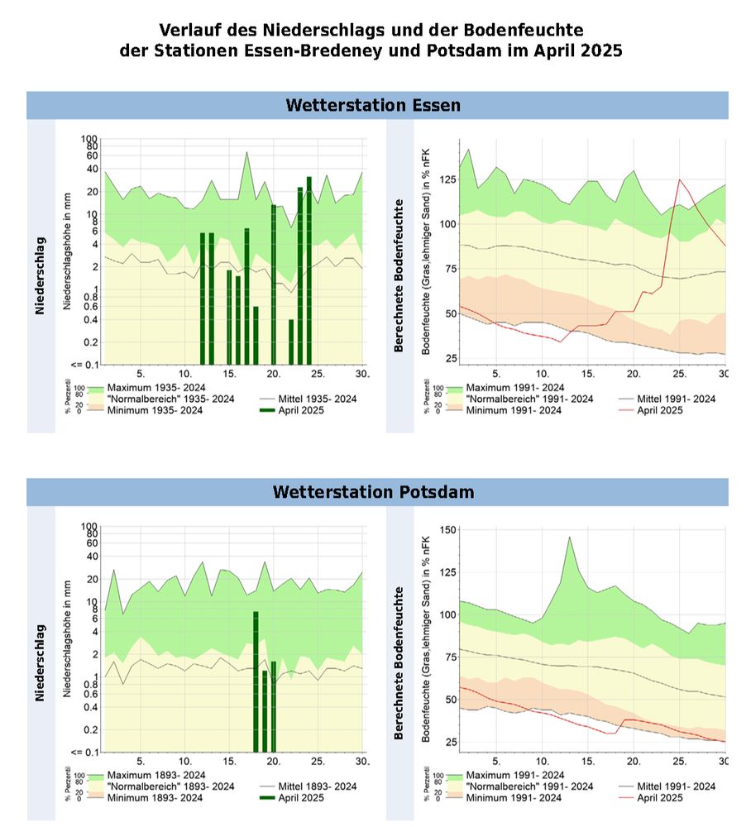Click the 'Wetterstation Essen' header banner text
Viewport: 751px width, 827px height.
point(372,106)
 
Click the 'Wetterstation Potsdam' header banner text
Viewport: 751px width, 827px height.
point(373,492)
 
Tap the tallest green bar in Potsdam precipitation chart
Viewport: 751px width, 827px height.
point(256,678)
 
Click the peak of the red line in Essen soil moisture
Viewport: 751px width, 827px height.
point(680,179)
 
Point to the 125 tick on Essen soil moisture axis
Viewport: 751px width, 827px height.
point(449,179)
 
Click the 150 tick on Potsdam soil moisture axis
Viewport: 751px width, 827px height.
point(449,529)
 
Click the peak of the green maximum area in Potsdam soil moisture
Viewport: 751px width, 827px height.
point(569,538)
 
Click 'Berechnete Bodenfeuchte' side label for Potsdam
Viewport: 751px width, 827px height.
point(399,663)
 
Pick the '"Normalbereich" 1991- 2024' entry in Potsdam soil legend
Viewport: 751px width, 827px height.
point(529,786)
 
